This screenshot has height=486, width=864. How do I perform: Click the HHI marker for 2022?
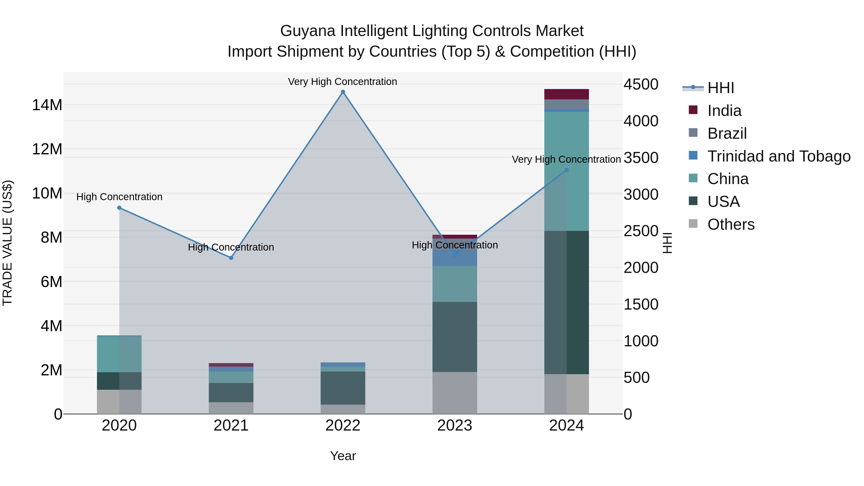343,92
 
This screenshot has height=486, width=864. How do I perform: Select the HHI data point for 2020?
119,208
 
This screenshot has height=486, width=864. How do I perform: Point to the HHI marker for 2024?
566,170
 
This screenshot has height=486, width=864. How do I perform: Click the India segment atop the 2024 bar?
566,94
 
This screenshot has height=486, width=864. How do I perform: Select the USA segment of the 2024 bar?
566,302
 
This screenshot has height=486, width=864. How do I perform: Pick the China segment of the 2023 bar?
455,284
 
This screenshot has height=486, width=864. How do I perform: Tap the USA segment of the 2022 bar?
343,388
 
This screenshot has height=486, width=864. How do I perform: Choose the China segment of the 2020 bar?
119,354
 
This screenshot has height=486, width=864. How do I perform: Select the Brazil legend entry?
727,133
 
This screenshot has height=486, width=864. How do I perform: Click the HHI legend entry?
720,88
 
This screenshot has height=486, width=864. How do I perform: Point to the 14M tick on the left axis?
47,105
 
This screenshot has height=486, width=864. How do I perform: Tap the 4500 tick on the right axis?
641,84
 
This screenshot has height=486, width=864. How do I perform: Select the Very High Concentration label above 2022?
342,82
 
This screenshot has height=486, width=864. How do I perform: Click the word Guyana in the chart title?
308,31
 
